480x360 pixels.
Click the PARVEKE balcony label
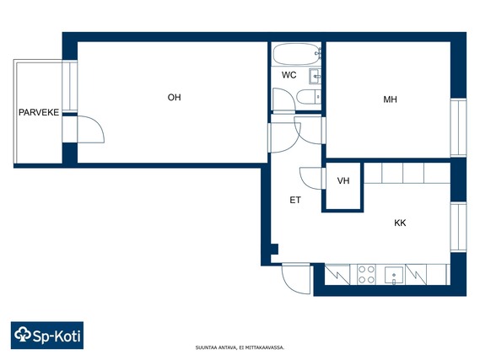tap(39, 112)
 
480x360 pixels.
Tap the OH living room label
tap(174, 97)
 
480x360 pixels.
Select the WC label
tap(289, 75)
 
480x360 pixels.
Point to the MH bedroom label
tap(390, 99)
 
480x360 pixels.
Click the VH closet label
tap(343, 180)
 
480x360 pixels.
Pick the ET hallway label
tap(295, 200)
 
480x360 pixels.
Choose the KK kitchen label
tap(400, 223)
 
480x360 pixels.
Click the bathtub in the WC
tap(296, 54)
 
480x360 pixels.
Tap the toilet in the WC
tap(309, 97)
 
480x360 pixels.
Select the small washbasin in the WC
tap(315, 76)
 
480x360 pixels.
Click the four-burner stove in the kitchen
tap(367, 274)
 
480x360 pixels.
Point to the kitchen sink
tap(394, 276)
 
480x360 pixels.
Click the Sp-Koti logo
tap(47, 336)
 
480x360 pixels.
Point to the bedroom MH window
tap(458, 127)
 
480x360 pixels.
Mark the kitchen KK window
tap(458, 227)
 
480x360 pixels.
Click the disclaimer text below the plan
tap(240, 347)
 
